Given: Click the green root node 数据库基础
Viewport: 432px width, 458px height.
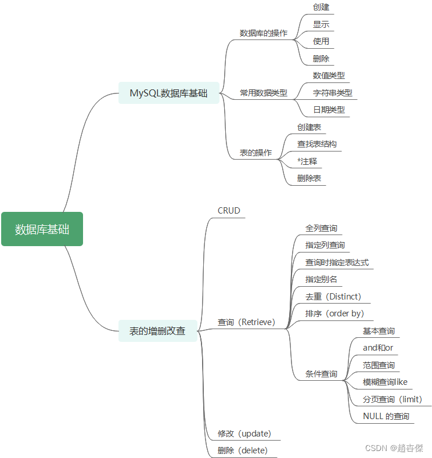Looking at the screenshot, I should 42,229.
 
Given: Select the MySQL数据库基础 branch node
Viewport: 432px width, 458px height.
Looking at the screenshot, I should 168,93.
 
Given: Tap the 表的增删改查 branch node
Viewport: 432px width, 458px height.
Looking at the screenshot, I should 157,331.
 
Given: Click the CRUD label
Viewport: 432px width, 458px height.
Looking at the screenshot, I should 229,211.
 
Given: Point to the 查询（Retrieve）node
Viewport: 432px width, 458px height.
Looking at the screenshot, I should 246,322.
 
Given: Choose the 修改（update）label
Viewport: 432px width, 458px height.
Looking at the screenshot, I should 244,434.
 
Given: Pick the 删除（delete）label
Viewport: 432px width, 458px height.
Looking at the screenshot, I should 243,450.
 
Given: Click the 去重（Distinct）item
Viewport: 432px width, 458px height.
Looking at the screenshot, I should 333,297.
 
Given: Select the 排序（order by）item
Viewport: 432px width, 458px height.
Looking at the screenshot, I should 334,313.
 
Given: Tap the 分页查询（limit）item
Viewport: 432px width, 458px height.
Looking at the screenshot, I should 393,399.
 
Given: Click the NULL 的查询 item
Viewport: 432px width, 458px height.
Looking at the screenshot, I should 386,416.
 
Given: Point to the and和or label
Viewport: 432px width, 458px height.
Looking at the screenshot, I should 378,348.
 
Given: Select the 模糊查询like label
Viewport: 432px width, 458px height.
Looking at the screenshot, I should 385,382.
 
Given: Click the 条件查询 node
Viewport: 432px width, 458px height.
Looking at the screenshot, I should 321,374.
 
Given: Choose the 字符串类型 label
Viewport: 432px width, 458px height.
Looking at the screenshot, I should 332,93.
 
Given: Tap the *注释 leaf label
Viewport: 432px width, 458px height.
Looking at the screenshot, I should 307,161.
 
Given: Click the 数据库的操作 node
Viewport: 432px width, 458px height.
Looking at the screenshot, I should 264,33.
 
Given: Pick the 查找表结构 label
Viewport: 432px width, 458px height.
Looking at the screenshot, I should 316,144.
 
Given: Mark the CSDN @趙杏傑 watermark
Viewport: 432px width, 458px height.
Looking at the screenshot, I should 394,448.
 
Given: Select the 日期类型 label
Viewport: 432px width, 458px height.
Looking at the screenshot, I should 329,110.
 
